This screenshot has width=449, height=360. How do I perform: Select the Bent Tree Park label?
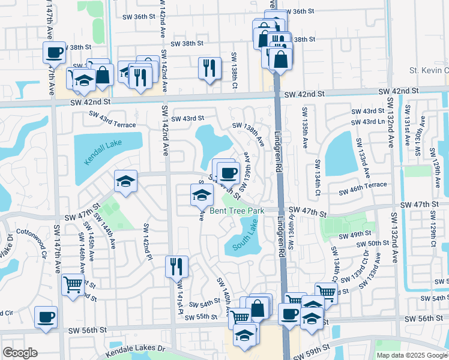[237, 211]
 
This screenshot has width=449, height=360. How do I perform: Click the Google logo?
[20, 353]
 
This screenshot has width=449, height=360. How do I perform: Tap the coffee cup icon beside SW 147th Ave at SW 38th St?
[54, 52]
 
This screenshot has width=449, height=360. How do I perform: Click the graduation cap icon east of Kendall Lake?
[126, 181]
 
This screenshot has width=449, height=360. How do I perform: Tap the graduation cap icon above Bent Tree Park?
[202, 194]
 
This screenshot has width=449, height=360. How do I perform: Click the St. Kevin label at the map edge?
[429, 71]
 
